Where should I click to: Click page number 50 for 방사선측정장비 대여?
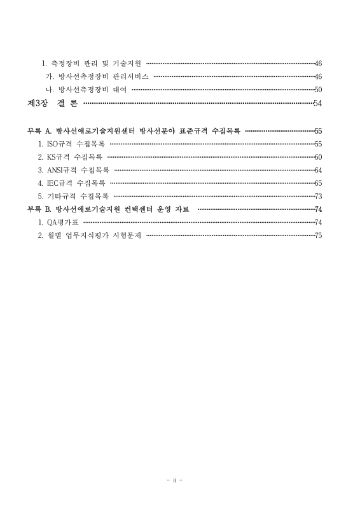[318, 90]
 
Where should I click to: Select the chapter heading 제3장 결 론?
[52, 103]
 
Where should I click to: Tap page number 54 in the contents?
[318, 103]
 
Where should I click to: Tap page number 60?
[318, 157]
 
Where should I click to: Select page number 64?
[318, 170]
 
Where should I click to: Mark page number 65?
[318, 183]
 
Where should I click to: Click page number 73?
[318, 196]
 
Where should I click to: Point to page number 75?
[318, 235]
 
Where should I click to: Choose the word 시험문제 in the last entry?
[127, 235]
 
